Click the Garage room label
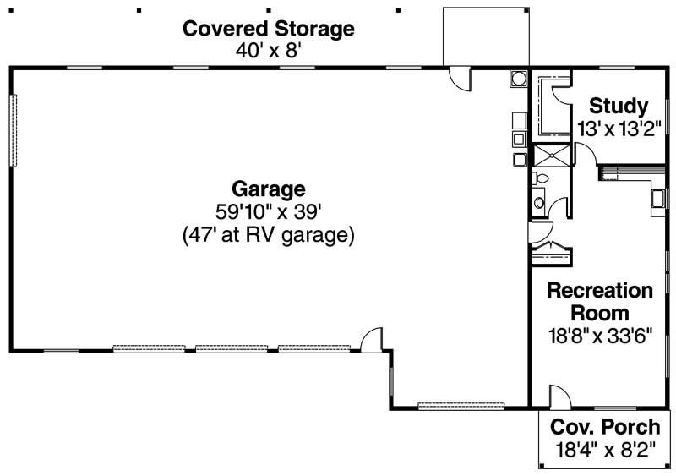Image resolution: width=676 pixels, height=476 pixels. click(x=268, y=189)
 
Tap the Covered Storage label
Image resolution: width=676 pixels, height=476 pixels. click(x=269, y=29)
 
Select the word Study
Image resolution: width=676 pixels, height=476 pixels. click(x=619, y=107)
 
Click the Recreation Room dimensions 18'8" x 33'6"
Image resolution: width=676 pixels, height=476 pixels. click(x=600, y=334)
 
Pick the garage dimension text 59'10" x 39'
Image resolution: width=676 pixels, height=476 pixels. click(x=268, y=211)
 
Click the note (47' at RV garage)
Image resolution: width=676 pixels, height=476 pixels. click(x=268, y=235)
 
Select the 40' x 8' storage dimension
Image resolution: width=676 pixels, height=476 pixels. click(x=269, y=51)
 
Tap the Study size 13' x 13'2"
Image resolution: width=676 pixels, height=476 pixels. click(x=619, y=129)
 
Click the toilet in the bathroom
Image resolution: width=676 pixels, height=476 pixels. click(x=541, y=179)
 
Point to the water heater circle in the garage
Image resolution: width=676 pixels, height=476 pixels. click(x=517, y=79)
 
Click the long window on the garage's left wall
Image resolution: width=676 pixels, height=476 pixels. click(x=13, y=130)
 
